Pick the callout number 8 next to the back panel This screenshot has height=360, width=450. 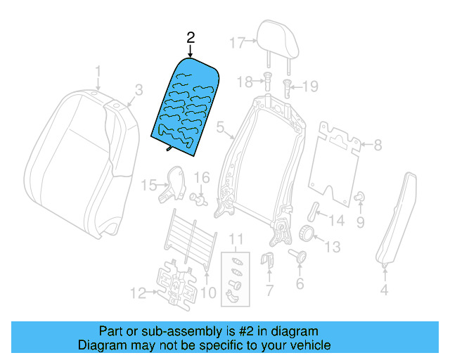[x=378, y=146]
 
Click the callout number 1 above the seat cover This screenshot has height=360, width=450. [x=98, y=71]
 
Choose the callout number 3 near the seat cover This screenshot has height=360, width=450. [x=139, y=89]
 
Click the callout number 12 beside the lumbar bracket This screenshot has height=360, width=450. [x=139, y=292]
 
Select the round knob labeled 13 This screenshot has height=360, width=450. [x=307, y=233]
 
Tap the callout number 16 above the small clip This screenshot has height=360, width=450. [x=202, y=176]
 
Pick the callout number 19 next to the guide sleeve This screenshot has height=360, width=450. [x=311, y=86]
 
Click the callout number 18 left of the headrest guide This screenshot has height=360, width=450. [x=243, y=83]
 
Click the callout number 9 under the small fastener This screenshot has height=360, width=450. [x=361, y=222]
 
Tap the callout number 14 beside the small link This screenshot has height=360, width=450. [x=337, y=221]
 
